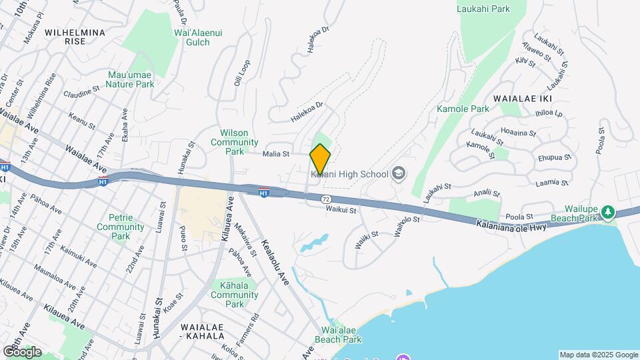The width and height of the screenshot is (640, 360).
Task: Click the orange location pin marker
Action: pyautogui.click(x=321, y=159)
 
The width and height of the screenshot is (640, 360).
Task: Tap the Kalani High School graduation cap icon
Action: pyautogui.click(x=398, y=174)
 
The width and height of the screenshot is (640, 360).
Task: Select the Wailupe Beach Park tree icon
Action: pyautogui.click(x=607, y=212)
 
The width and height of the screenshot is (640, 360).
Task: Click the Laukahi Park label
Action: pyautogui.click(x=483, y=9)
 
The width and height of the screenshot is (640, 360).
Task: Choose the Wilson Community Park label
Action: pyautogui.click(x=234, y=142)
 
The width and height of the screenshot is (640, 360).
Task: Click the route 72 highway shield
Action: pyautogui.click(x=325, y=199)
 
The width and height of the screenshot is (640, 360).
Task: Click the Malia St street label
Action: pyautogui.click(x=276, y=154)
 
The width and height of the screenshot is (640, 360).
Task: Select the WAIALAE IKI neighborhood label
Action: pyautogui.click(x=520, y=98)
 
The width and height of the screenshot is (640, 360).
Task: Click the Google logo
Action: pyautogui.click(x=22, y=351)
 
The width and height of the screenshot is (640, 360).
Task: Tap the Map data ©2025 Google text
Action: pyautogui.click(x=598, y=355)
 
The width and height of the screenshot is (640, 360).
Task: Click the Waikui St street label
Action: pyautogui.click(x=341, y=210)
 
